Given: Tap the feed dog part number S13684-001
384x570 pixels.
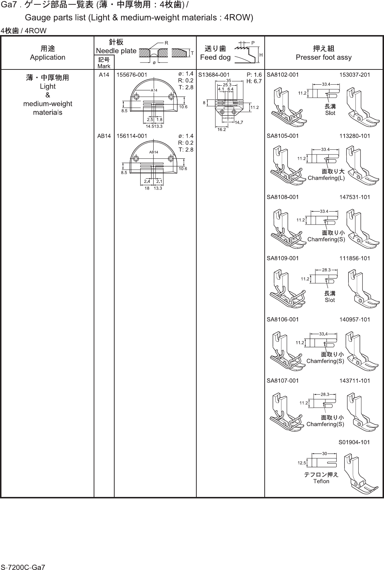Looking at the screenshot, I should [214, 75].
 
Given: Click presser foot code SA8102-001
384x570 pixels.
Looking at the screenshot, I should [282, 75].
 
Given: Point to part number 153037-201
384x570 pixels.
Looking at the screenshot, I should [355, 75].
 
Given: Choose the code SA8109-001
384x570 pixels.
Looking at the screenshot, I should [282, 258].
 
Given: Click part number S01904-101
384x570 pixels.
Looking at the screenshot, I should [354, 442].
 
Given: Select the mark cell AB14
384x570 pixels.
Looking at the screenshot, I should [104, 136].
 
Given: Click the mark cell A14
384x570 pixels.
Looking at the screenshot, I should [104, 75].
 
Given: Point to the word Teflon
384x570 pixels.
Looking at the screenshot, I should [321, 481].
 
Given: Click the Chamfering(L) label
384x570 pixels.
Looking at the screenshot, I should [326, 178].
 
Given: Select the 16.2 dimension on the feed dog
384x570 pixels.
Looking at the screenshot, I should [222, 129].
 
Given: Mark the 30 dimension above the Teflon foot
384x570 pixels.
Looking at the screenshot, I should [324, 453].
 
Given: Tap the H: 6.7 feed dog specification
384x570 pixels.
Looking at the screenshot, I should [254, 81].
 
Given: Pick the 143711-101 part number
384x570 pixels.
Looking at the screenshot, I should [355, 380].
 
